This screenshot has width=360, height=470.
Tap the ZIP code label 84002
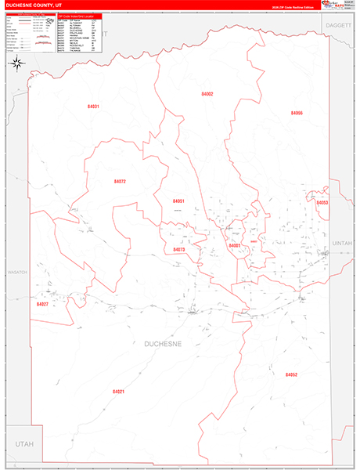pos(207,94)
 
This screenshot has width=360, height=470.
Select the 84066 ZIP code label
pos(297,113)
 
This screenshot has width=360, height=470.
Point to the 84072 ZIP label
pos(120,181)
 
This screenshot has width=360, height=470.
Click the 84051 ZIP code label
pos(178,201)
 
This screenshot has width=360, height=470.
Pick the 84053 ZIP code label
pos(322,203)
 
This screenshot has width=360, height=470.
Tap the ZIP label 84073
pos(179,250)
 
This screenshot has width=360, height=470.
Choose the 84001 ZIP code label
pos(235,246)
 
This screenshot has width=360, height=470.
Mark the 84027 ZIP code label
pos(42,304)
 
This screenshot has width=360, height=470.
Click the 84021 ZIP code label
pos(118,391)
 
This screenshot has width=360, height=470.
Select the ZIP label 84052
pos(291,375)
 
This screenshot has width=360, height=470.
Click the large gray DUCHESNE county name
pos(163,343)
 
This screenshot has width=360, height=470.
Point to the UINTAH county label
pos(343,244)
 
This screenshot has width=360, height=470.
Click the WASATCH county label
pos(17,272)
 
